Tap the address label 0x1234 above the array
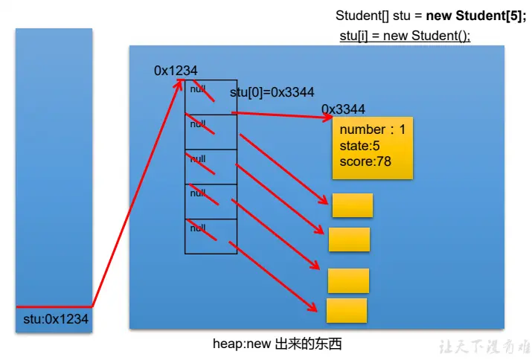click(x=176, y=71)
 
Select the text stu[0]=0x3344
click(x=272, y=92)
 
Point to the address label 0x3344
click(x=343, y=109)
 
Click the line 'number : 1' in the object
click(x=372, y=130)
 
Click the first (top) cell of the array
click(x=211, y=97)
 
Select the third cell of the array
click(x=211, y=167)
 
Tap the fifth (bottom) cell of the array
click(x=211, y=237)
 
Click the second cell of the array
click(x=211, y=132)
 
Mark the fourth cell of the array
click(x=211, y=202)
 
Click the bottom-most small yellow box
click(x=347, y=310)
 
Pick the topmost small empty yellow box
click(x=352, y=205)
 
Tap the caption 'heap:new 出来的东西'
click(x=278, y=344)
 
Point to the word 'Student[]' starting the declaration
click(x=361, y=16)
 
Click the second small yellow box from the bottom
click(x=348, y=280)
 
